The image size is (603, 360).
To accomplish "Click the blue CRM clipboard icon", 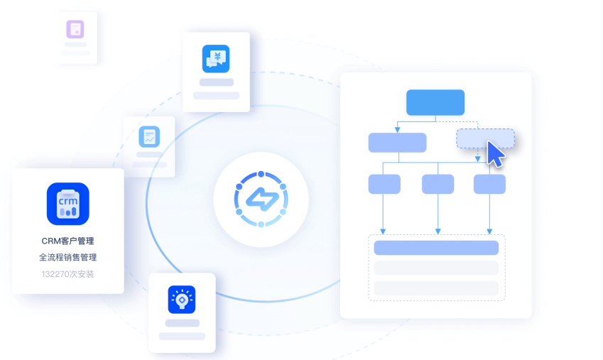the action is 68,204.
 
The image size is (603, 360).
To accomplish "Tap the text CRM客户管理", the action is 67,241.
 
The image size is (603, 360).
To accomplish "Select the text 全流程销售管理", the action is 67,257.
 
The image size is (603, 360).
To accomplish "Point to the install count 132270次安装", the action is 67,274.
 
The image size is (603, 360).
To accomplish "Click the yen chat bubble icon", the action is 216,59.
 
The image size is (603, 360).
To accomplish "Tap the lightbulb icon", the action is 182,300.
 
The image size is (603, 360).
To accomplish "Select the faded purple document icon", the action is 75,29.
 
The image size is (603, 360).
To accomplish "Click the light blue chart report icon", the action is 149,136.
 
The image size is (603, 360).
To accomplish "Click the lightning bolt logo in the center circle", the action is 261,200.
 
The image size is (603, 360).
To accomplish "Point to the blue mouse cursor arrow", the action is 495,154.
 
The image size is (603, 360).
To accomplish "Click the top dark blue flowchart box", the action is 435,102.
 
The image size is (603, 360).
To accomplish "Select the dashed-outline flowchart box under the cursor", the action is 485,138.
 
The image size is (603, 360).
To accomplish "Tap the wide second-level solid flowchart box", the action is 397,143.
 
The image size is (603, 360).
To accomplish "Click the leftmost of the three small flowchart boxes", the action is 384,184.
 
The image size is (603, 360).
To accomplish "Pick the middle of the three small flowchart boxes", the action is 438,184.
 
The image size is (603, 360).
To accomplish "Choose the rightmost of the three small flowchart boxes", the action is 489,184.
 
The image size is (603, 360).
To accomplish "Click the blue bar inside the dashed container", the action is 436,248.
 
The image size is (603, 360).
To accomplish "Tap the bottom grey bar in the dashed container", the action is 436,288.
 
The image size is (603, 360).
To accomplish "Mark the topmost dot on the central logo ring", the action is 261,174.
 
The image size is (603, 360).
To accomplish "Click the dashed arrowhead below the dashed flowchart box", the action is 477,159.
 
